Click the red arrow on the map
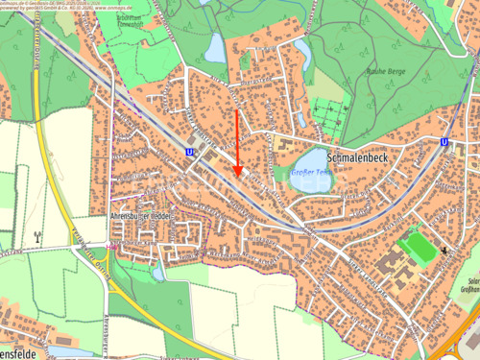point(238,144)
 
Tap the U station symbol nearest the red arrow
point(189,151)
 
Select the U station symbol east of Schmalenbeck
point(444,142)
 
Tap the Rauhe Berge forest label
point(385,71)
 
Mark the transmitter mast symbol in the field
point(37,236)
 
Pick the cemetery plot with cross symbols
point(328,116)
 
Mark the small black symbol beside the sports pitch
point(446,251)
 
